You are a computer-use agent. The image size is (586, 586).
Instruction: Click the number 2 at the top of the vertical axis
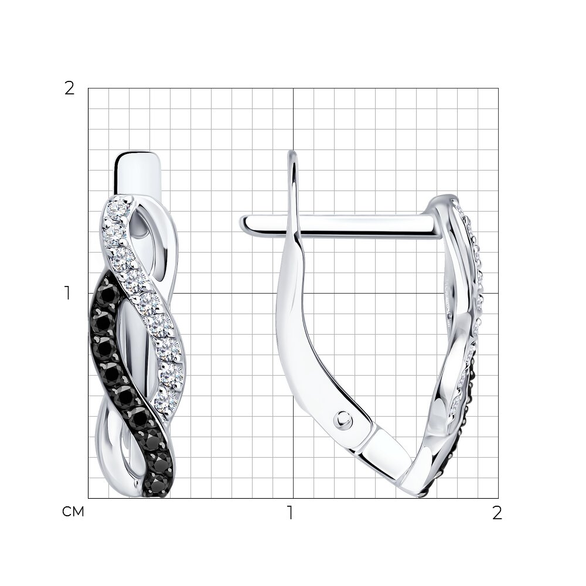[x=70, y=89]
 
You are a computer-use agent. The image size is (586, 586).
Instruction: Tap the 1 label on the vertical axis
[x=67, y=294]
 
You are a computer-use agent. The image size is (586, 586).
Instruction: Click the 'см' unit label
[x=73, y=512]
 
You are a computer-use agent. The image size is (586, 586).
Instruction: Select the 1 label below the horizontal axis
[x=290, y=513]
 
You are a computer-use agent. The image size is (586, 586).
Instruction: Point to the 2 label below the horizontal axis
[x=497, y=513]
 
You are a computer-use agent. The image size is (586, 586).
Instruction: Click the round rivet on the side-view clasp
[x=343, y=420]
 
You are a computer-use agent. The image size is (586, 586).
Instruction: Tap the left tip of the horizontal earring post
[x=241, y=223]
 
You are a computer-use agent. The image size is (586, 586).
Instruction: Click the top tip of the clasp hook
[x=292, y=151]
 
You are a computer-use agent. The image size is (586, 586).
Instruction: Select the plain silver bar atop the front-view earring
[x=138, y=174]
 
